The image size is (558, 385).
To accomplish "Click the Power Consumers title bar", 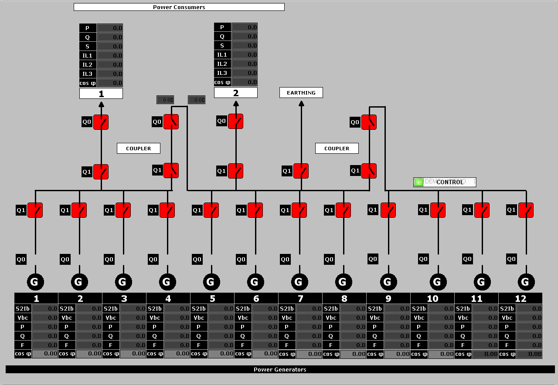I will (179, 7).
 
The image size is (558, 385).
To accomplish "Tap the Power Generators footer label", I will (280, 369).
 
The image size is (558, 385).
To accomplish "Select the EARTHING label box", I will (301, 92).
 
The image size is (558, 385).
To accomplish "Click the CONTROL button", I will (449, 182).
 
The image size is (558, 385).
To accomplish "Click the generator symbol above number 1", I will (35, 282).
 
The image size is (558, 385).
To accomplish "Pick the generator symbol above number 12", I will (526, 282).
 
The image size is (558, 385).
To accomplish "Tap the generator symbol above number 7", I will (299, 282).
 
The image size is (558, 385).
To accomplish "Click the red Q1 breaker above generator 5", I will (211, 210).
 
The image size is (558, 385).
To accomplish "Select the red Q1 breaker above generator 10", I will (438, 210).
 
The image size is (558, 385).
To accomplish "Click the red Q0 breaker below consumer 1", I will (101, 122).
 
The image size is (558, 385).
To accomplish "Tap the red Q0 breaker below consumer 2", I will (236, 121).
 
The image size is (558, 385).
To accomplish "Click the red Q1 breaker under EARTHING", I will (301, 171).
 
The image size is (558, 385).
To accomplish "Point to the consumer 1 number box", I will (101, 94).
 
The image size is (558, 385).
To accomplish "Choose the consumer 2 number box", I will (236, 93).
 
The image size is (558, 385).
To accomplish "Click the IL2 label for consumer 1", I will (88, 64).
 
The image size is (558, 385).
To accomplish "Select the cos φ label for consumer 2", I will (222, 82).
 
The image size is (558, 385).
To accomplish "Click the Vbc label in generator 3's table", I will (111, 317).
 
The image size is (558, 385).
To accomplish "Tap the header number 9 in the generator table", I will (388, 298).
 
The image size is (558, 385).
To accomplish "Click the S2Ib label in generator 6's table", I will (243, 308).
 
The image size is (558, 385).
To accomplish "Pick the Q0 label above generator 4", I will (153, 260).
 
